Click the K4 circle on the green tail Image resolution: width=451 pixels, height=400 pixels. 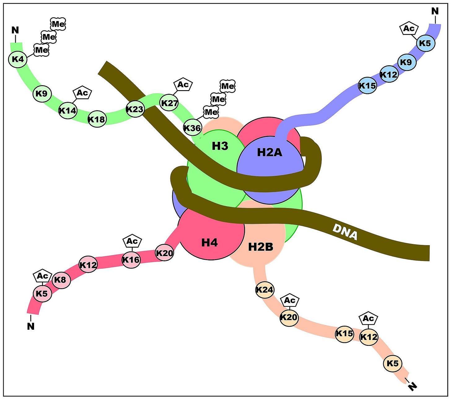tap(18, 59)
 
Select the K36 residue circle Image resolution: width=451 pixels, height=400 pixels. tap(192, 128)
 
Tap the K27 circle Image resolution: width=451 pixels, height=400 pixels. tap(169, 103)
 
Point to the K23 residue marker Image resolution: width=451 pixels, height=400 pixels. tap(135, 109)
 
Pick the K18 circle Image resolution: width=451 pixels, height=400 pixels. tap(97, 120)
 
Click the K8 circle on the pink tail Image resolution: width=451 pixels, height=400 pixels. tap(61, 280)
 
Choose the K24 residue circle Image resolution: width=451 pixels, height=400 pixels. tap(265, 290)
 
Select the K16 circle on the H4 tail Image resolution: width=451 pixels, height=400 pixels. tap(131, 260)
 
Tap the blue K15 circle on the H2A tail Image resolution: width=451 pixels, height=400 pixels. tap(367, 85)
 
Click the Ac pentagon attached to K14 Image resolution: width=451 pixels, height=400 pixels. tap(82, 93)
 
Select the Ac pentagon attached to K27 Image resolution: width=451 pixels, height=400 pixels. tap(183, 85)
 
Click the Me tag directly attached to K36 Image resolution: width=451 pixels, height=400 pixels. tap(211, 112)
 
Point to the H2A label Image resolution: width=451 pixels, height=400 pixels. tap(269, 153)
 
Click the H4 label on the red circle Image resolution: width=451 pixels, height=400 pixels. tap(209, 242)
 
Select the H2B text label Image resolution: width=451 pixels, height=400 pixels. tap(261, 247)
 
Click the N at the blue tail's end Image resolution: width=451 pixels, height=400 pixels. tap(435, 11)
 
